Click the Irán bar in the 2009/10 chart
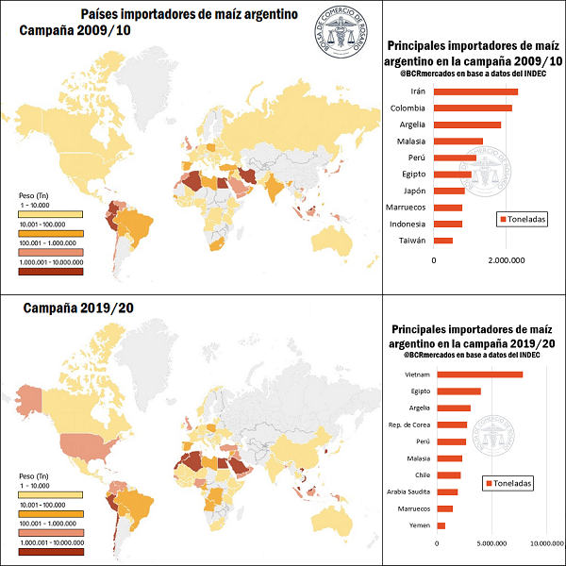476,92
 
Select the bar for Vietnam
481,375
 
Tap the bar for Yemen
441,524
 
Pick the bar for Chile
449,474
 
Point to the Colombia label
408,108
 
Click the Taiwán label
413,241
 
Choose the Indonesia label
407,225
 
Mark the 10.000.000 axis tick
546,543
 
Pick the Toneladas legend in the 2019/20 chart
509,483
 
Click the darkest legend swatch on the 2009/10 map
52,272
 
